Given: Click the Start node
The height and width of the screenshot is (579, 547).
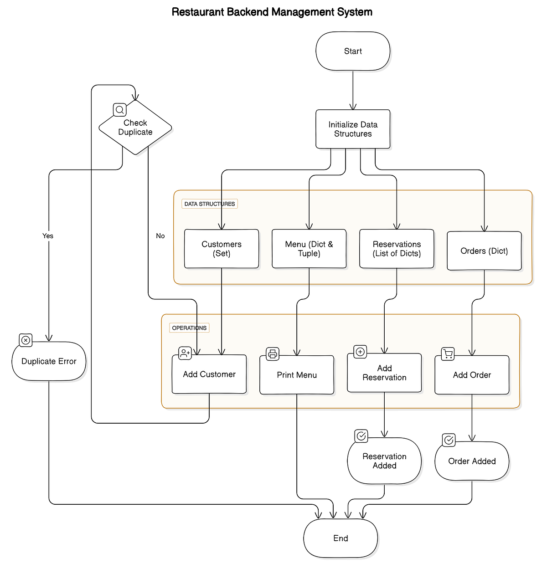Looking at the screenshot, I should [353, 51].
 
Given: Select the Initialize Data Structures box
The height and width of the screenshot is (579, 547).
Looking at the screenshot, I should [353, 129].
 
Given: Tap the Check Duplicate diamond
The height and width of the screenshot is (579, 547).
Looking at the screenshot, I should [135, 128].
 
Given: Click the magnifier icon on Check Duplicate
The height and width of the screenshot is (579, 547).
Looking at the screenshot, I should [120, 110].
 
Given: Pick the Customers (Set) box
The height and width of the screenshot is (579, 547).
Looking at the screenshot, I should [222, 249].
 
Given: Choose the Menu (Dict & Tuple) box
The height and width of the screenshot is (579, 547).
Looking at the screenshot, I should [309, 249].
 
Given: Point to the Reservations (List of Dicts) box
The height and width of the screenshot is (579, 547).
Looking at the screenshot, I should [397, 249].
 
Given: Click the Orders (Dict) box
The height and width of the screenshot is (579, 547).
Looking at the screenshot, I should [484, 251].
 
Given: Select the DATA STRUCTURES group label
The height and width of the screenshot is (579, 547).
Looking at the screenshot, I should [210, 204].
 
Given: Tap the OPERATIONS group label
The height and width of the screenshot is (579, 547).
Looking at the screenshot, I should [189, 328].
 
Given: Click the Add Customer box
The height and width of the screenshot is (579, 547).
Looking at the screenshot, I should [209, 374].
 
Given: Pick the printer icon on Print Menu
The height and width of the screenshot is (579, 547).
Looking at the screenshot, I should [273, 354].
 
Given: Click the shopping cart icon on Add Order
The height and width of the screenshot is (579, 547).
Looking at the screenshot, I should [448, 354].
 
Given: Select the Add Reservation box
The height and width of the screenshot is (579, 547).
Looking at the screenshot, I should [384, 373].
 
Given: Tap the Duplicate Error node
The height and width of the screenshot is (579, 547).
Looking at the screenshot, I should [49, 361].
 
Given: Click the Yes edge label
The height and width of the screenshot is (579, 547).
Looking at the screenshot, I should [48, 236].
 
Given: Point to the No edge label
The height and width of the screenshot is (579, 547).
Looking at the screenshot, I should [160, 236].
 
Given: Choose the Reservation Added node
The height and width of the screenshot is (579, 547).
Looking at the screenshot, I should [384, 461].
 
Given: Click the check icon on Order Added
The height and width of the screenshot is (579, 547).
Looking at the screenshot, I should [449, 440].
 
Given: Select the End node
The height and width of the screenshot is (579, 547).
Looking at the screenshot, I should [341, 538].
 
